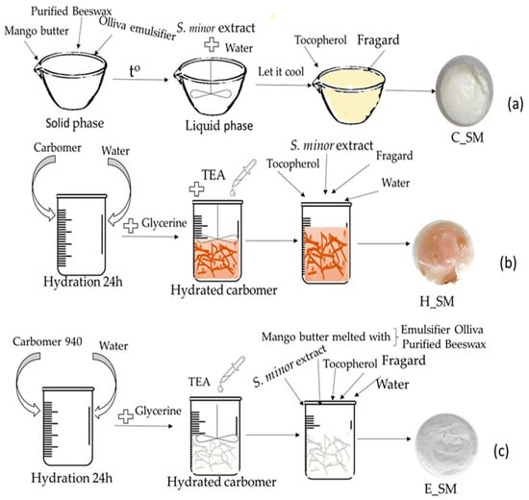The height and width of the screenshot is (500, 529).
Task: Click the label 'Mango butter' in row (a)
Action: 37,31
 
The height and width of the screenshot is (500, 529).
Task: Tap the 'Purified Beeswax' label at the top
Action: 71,12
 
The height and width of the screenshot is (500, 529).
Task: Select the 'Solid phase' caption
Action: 75,123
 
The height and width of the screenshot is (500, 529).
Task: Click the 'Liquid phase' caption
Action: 219,126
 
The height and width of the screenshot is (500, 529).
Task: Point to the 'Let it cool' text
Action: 281,71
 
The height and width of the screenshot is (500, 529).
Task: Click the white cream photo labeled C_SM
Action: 465,90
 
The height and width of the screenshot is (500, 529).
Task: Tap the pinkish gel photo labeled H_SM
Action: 443,252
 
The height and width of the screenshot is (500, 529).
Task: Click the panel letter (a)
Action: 516,104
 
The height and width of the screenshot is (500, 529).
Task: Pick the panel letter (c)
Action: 501,451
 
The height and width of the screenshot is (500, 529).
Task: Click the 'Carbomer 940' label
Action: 47,341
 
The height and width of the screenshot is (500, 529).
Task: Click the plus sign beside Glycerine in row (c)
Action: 126,416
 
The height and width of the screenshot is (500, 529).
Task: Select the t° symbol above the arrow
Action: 135,71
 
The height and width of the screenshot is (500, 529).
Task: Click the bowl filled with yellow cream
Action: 349,94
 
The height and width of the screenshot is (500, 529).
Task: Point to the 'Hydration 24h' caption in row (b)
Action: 83,282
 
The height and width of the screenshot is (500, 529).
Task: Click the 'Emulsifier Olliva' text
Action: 442,329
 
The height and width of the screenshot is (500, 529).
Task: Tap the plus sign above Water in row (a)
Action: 212,44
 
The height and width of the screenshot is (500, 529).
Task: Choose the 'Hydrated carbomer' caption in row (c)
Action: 221,482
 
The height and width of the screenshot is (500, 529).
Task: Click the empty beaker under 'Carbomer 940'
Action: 68,426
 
